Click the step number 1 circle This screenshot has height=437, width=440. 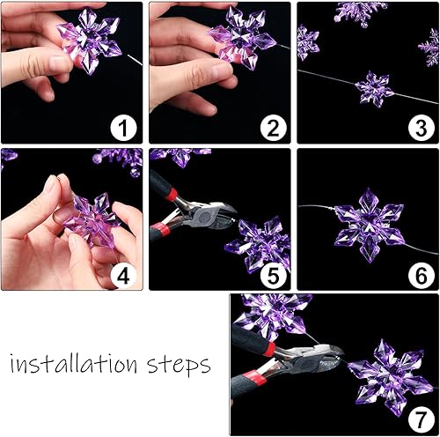pyautogui.click(x=124, y=129)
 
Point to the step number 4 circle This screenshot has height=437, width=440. pyautogui.click(x=124, y=275)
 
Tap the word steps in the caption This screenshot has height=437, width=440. pyautogui.click(x=180, y=364)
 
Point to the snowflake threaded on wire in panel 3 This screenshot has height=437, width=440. pyautogui.click(x=375, y=89)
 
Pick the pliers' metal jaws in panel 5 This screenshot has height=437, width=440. pyautogui.click(x=212, y=213)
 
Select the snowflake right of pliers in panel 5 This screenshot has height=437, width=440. pyautogui.click(x=259, y=242)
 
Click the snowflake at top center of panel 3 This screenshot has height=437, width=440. pyautogui.click(x=361, y=11)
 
